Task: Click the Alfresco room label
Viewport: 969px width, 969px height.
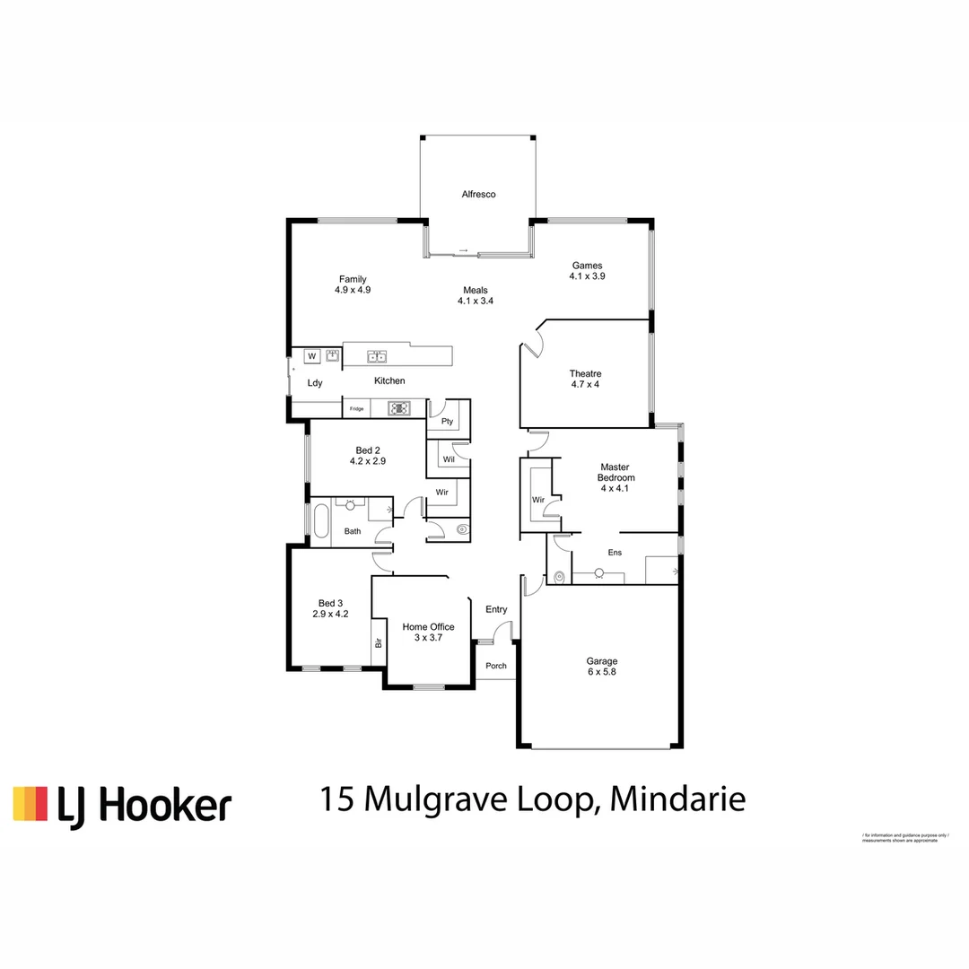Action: pyautogui.click(x=478, y=194)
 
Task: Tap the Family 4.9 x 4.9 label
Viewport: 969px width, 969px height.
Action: pyautogui.click(x=353, y=284)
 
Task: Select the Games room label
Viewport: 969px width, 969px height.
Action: pyautogui.click(x=587, y=271)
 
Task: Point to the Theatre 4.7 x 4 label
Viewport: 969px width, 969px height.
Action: pyautogui.click(x=585, y=379)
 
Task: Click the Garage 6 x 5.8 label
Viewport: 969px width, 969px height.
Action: pyautogui.click(x=602, y=666)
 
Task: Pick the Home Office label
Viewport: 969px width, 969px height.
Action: pyautogui.click(x=428, y=633)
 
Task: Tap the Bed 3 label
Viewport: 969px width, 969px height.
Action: pyautogui.click(x=330, y=608)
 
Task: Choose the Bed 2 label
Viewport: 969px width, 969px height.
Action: pyautogui.click(x=367, y=456)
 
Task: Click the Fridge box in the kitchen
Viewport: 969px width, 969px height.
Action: pyautogui.click(x=357, y=409)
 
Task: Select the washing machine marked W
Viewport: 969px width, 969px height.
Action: pyautogui.click(x=312, y=356)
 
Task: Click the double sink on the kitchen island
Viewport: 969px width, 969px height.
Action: pyautogui.click(x=377, y=357)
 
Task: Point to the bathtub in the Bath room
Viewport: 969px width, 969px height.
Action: pyautogui.click(x=320, y=520)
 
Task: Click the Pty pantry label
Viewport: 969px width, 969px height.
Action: pyautogui.click(x=447, y=422)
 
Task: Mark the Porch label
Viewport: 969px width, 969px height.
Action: pyautogui.click(x=496, y=666)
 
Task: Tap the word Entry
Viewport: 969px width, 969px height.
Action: pyautogui.click(x=496, y=609)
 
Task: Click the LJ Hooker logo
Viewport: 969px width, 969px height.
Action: pyautogui.click(x=122, y=805)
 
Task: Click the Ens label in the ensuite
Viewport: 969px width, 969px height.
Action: pyautogui.click(x=615, y=553)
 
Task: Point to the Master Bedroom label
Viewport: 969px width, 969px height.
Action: pyautogui.click(x=615, y=472)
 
